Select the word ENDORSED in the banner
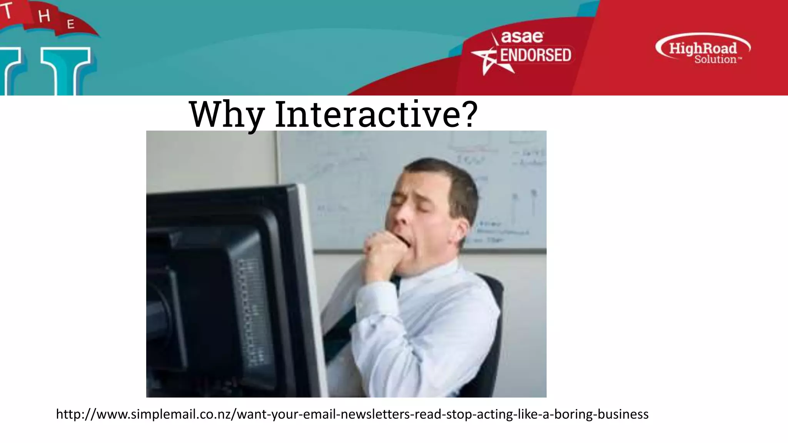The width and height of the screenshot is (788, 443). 536,55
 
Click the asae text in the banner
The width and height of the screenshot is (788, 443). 522,37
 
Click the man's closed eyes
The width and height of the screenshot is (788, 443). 408,202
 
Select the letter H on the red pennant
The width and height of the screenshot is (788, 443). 44,16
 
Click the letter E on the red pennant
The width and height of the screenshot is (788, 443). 70,24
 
